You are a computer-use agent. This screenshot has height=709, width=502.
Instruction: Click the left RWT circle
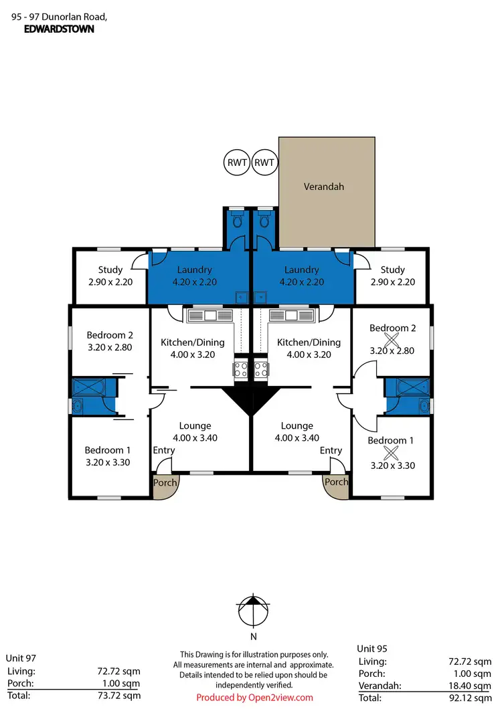tap(236, 163)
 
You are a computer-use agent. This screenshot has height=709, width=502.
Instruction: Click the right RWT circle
tap(265, 163)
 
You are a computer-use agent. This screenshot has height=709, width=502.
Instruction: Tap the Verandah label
tap(324, 187)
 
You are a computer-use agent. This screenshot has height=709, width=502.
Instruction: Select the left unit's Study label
tap(110, 270)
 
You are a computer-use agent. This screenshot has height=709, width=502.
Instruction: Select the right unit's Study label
tap(393, 270)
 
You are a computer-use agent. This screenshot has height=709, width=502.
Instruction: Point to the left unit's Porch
tap(165, 484)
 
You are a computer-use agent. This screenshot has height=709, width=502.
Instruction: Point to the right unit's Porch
tap(336, 483)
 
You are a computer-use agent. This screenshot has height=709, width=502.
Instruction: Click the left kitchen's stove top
tap(241, 369)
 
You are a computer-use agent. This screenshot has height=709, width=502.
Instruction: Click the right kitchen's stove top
tap(260, 369)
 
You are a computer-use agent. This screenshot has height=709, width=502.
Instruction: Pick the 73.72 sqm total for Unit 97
tap(121, 696)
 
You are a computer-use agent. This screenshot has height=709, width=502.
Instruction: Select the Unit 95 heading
tap(372, 648)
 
